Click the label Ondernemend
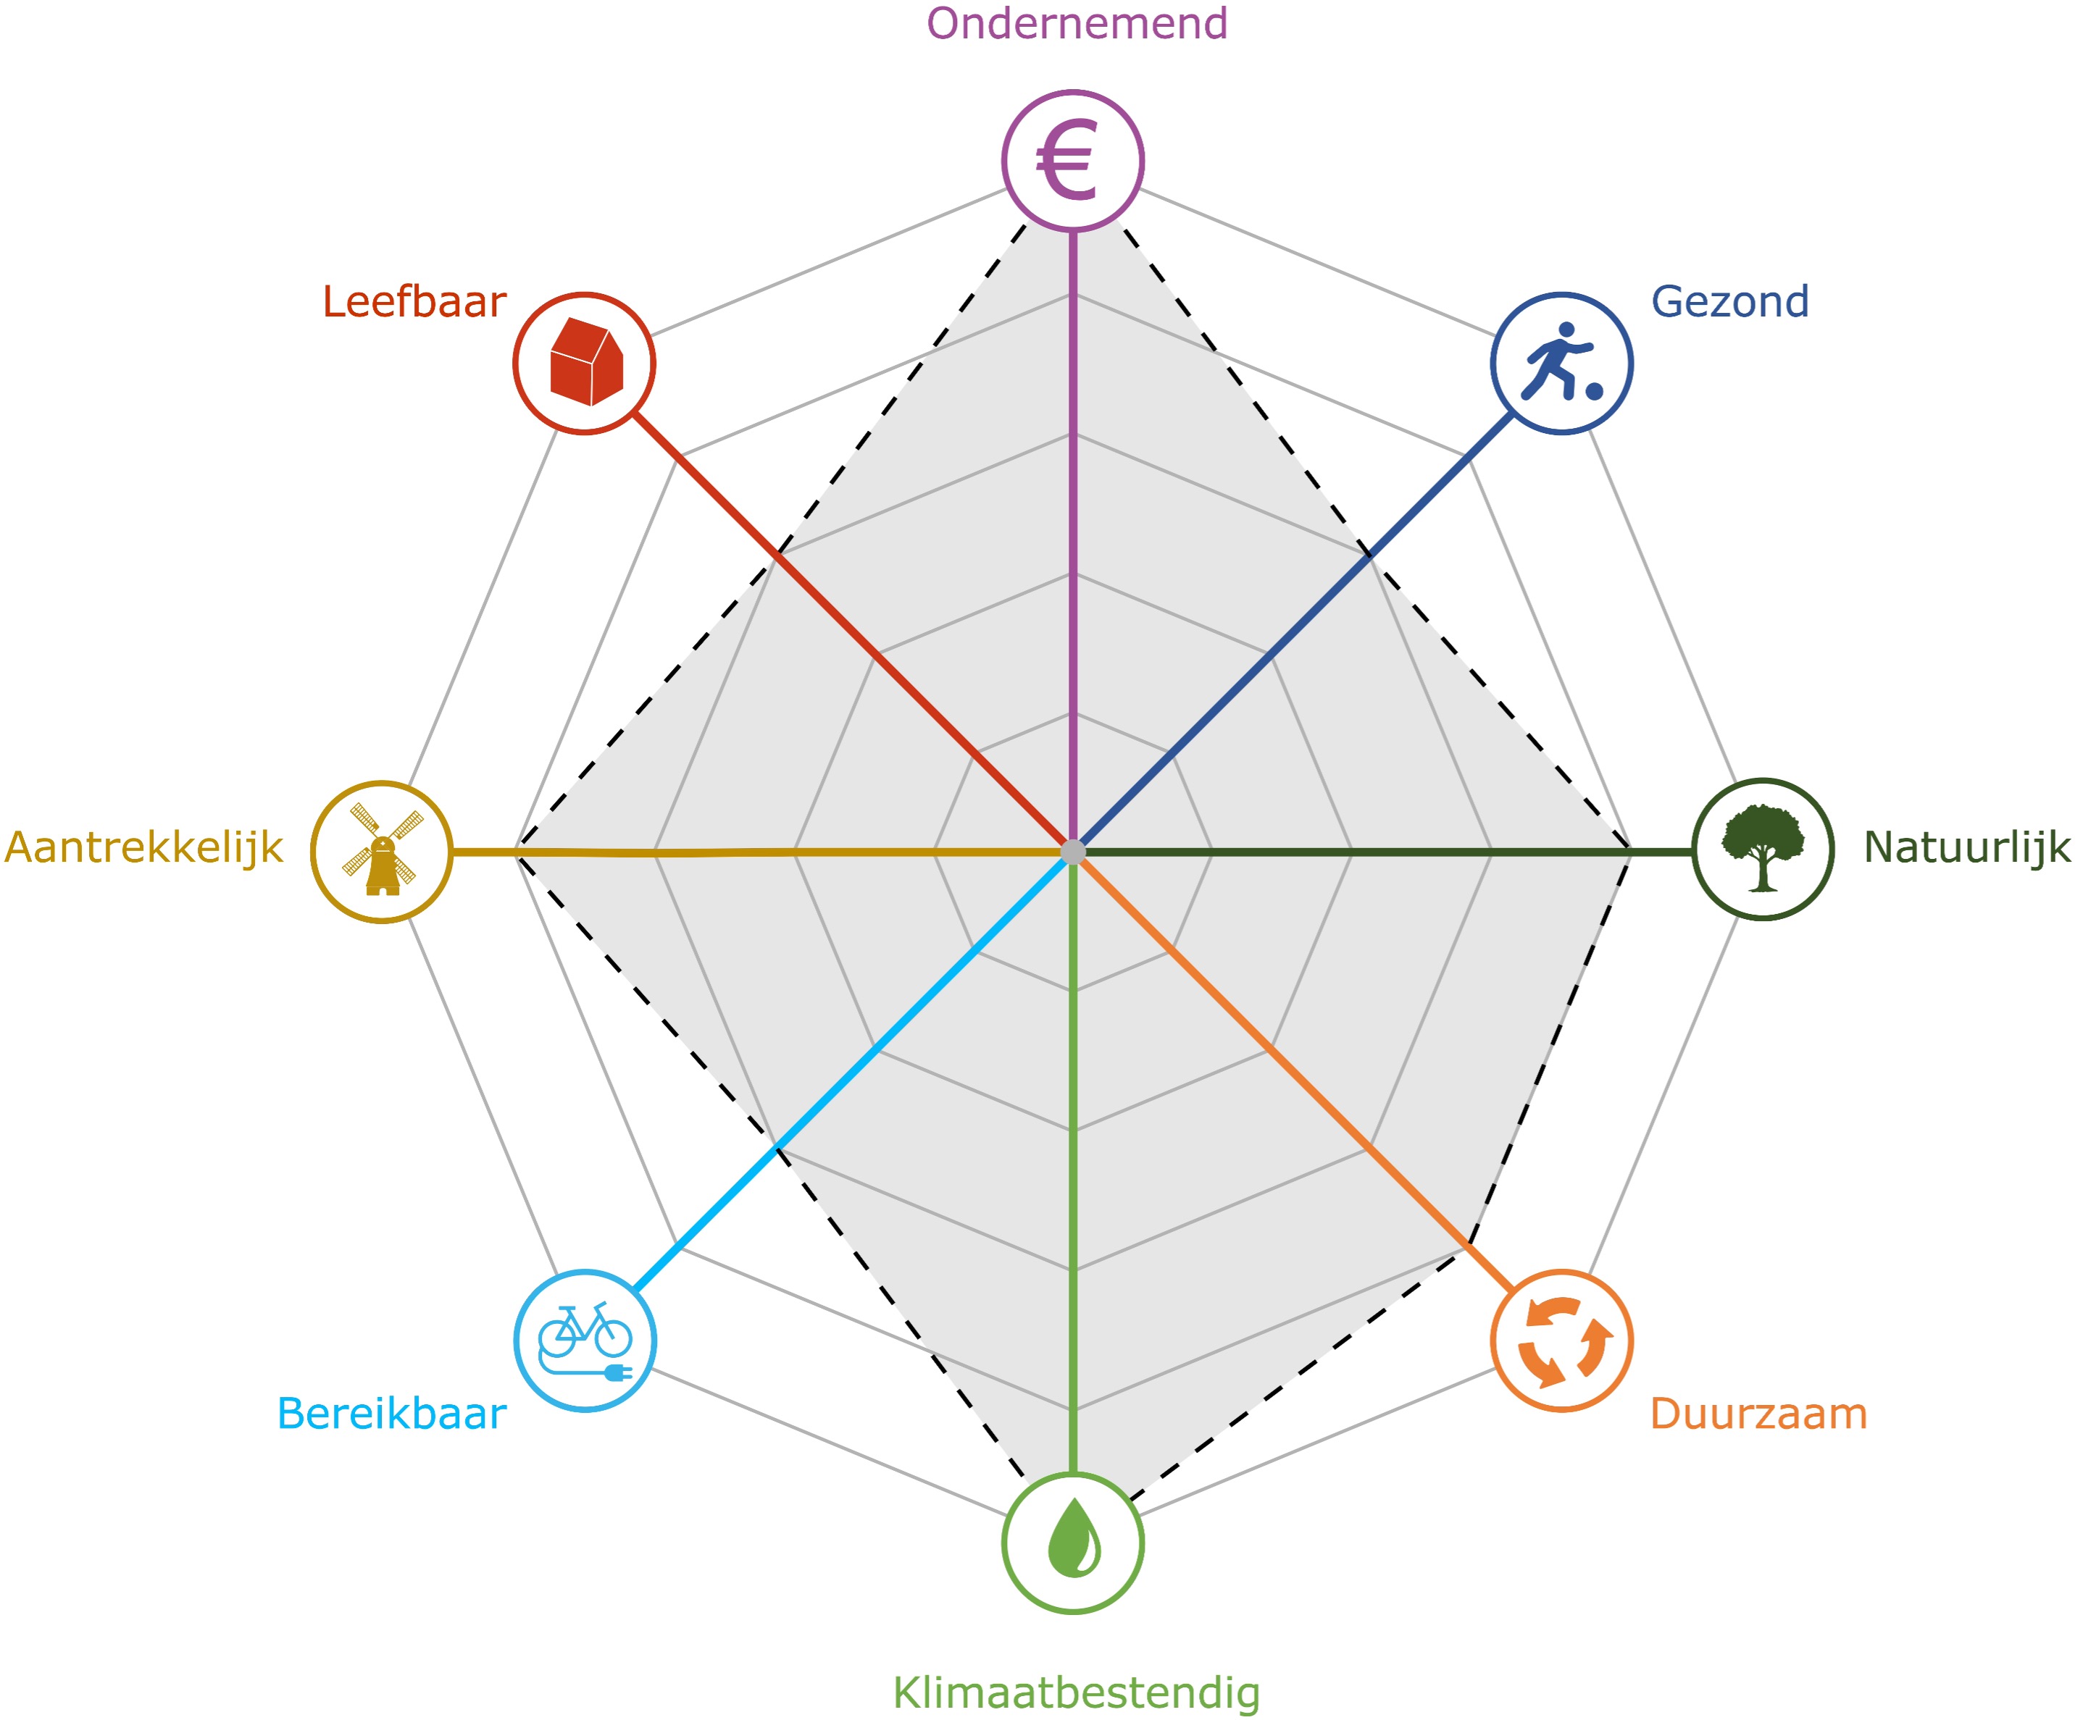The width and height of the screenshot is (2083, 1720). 1076,24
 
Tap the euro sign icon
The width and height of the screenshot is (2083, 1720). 1067,161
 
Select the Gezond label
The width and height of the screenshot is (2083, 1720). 1729,301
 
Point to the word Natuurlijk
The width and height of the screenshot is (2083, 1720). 1966,847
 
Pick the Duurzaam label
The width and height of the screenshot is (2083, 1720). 1758,1414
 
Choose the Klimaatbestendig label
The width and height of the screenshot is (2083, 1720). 1076,1692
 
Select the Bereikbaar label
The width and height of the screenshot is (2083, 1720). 391,1414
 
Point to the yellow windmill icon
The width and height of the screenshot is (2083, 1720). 383,851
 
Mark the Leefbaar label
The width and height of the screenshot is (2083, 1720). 414,302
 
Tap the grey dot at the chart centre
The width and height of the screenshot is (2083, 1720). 1073,851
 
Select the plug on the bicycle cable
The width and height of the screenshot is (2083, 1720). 617,1372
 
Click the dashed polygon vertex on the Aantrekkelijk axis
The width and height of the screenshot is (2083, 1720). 518,851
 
